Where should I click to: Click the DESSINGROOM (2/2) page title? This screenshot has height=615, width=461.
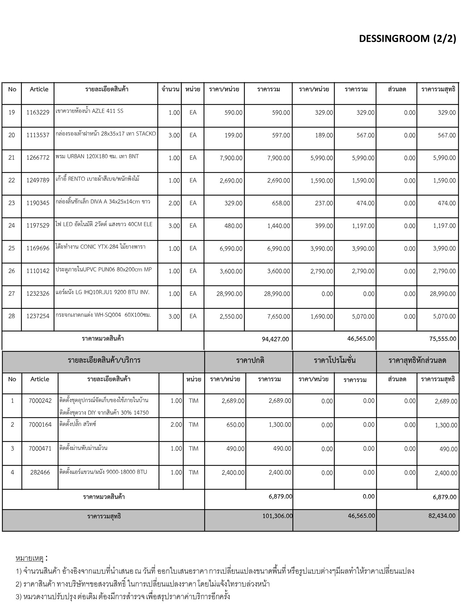pos(407,39)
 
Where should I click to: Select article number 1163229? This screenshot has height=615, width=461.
pos(38,113)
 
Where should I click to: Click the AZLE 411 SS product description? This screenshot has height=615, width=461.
pos(89,111)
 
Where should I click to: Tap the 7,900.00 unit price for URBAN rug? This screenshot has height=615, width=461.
pos(231,158)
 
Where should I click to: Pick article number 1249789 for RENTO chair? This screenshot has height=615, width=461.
pos(38,180)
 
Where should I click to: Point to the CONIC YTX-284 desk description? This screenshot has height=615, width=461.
pos(101,247)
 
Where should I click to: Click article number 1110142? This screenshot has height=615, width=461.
pos(38,271)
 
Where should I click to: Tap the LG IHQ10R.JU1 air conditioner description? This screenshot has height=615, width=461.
pos(102,292)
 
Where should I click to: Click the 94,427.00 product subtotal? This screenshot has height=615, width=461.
pos(275,339)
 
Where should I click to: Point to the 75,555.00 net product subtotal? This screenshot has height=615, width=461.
pos(443,339)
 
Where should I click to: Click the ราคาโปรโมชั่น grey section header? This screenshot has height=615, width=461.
pos(335,360)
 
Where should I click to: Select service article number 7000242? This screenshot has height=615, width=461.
pos(40,401)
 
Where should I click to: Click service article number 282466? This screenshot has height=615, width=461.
pos(40,472)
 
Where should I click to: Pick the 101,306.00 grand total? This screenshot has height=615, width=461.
pos(277,516)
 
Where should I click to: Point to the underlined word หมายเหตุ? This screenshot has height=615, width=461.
pos(29,558)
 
